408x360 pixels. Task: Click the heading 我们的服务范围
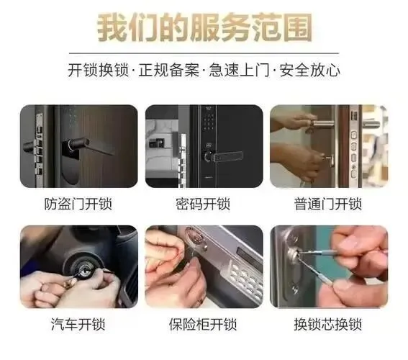[204, 28]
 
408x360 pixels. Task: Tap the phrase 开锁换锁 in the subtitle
[99, 70]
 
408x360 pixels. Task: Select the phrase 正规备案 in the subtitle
[168, 70]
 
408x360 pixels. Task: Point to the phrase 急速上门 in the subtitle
[239, 70]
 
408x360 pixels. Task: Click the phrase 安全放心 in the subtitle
[309, 70]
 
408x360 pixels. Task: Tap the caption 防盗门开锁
[78, 204]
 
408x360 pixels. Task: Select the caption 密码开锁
[203, 204]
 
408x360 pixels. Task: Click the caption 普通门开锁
[328, 204]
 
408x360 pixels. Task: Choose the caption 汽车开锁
[78, 324]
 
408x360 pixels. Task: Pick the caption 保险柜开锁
[203, 324]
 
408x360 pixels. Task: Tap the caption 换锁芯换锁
[328, 324]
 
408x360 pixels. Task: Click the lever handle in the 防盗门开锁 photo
[89, 146]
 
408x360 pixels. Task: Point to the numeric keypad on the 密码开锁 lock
[209, 122]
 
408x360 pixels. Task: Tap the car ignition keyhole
[86, 272]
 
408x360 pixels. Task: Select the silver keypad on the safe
[245, 279]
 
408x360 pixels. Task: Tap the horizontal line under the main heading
[204, 53]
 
